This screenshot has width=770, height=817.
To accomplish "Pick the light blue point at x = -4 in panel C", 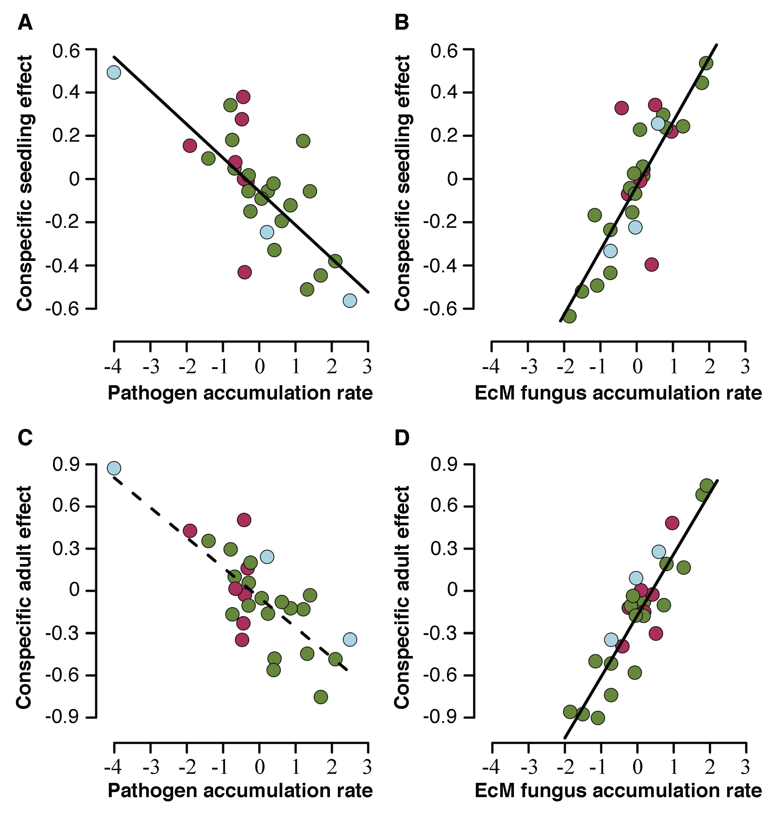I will coord(114,468).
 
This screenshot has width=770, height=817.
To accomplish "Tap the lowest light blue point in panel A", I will coord(350,300).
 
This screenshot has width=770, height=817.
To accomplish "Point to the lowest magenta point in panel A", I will coord(244,272).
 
